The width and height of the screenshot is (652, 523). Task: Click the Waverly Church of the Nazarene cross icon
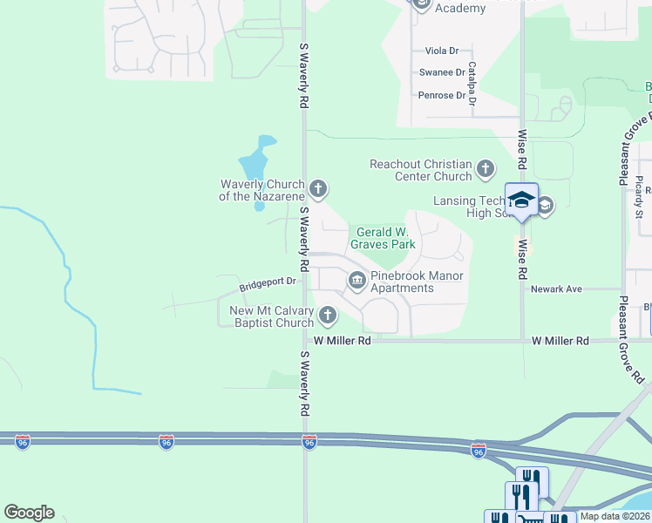(319, 187)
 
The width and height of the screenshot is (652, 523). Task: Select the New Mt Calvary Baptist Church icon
(328, 315)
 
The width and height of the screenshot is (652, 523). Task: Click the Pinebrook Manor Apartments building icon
(357, 280)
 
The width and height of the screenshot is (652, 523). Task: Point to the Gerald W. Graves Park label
(384, 238)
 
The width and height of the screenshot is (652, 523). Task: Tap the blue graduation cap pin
(521, 200)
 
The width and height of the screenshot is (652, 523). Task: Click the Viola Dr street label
(442, 51)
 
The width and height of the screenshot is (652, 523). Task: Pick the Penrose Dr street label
(442, 95)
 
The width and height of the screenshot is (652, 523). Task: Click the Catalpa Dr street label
(472, 84)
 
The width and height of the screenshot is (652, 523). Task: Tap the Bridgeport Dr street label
(268, 282)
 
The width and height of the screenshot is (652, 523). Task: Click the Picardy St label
(639, 196)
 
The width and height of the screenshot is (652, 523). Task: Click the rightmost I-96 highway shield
(478, 451)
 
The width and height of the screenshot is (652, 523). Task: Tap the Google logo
(30, 513)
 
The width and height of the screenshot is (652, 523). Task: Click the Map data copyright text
(614, 516)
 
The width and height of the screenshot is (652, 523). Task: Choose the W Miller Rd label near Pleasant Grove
(560, 341)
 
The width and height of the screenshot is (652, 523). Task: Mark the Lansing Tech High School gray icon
(546, 206)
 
